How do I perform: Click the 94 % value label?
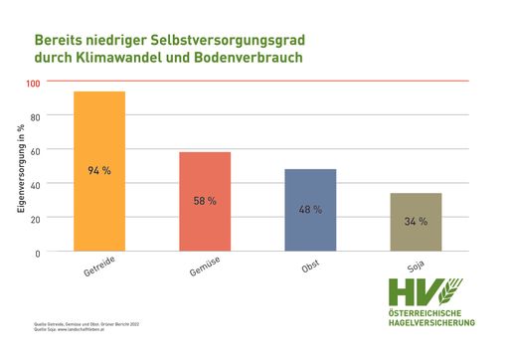point(99,171)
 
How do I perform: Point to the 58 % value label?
point(205,201)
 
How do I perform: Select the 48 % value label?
point(310,210)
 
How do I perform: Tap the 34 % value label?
point(416,221)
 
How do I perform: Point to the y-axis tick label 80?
point(36,116)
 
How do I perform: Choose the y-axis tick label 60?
point(36,150)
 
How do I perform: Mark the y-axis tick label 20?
point(36,218)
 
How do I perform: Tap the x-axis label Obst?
point(310,269)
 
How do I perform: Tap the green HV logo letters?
point(410,291)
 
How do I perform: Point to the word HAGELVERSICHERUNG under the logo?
point(431,322)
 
